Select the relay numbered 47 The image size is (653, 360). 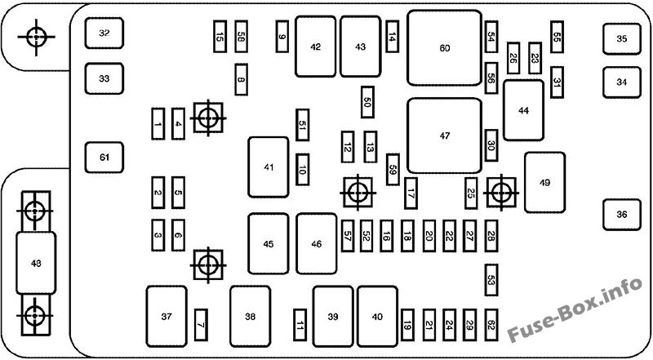444,136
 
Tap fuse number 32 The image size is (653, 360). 104,33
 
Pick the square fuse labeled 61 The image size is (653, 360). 104,157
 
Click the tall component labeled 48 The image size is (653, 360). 35,262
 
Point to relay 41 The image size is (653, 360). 269,167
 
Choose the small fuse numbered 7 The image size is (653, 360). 201,325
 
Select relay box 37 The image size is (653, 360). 167,316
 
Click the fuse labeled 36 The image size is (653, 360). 622,215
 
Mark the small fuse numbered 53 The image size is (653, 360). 491,279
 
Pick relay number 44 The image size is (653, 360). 523,110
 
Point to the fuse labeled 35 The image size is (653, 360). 622,38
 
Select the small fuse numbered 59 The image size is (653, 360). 393,169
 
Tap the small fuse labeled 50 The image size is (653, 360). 367,102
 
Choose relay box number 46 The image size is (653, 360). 317,243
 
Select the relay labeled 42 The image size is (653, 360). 315,47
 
